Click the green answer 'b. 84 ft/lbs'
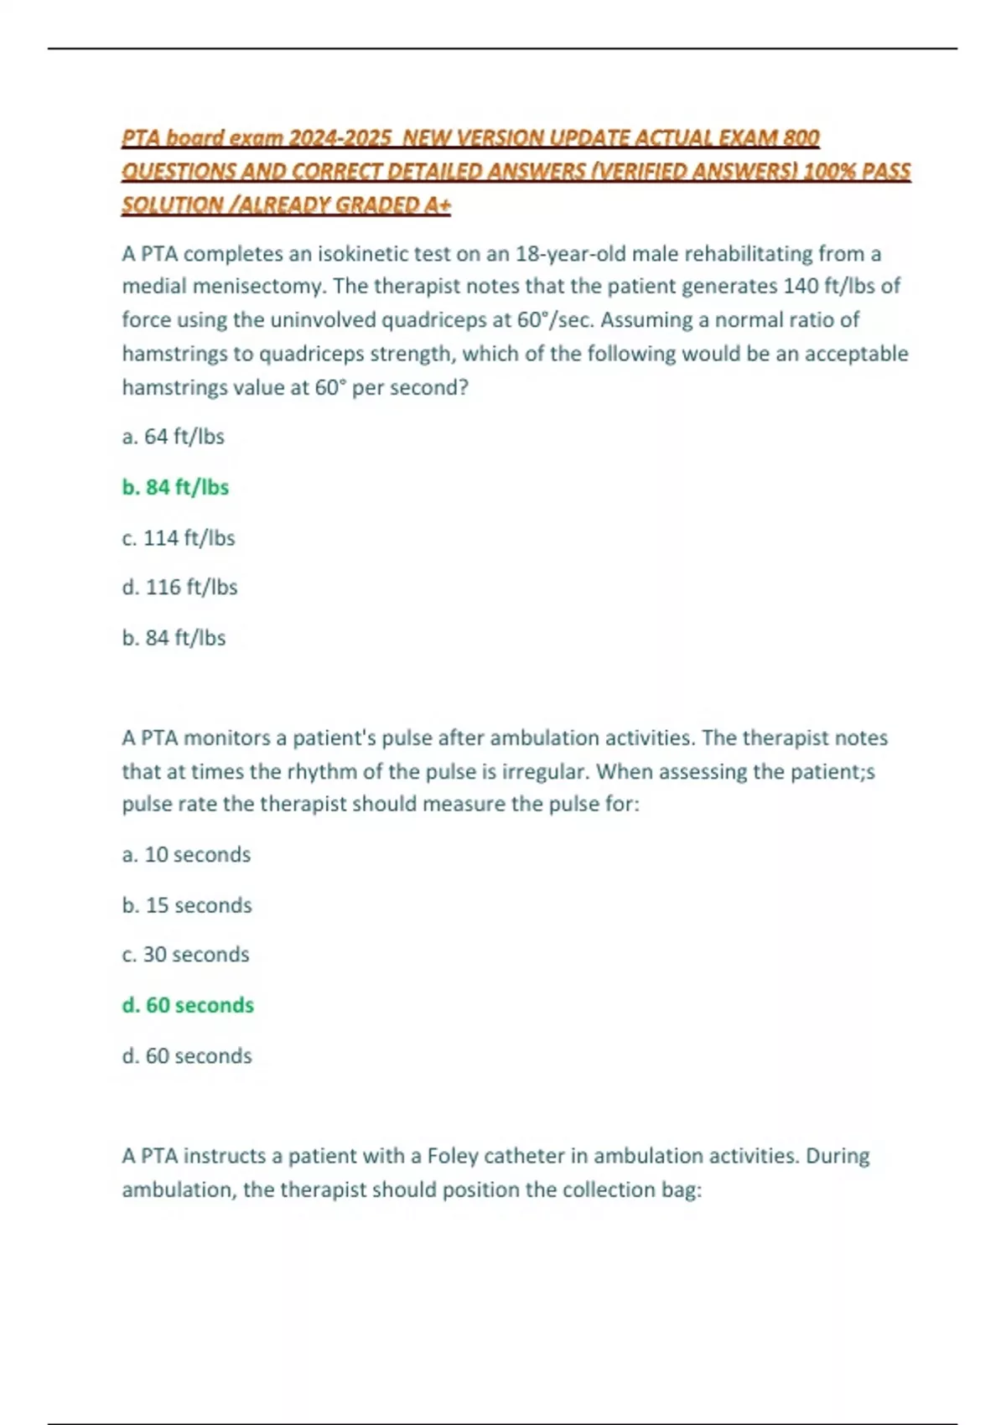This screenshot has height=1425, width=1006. tap(175, 487)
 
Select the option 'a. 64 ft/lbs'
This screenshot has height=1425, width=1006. tap(174, 437)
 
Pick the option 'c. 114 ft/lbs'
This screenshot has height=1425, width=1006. tap(179, 537)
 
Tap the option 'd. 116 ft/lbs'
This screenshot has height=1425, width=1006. tap(179, 587)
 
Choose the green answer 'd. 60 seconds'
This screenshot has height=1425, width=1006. tap(188, 1005)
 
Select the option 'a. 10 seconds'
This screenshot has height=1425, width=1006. tap(186, 854)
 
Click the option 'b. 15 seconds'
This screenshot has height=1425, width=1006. tap(187, 905)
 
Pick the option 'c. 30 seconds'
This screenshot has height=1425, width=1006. tap(185, 955)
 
